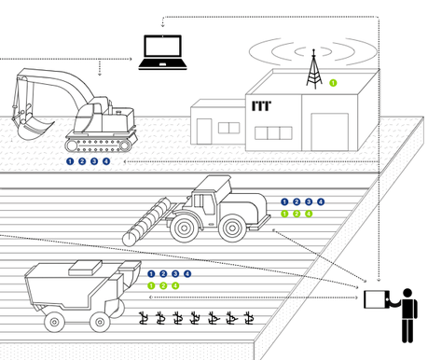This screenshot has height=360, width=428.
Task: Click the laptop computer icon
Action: (x=162, y=52)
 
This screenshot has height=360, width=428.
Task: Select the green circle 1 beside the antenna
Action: (x=333, y=83)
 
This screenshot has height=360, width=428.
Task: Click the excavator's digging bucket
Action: (x=33, y=128)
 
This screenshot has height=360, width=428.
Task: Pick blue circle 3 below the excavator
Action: (x=94, y=161)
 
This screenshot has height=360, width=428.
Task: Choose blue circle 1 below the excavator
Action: (x=70, y=161)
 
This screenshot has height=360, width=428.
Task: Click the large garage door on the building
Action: (x=330, y=132)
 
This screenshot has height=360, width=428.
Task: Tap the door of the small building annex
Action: (x=204, y=132)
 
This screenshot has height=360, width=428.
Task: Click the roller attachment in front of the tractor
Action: (x=146, y=222)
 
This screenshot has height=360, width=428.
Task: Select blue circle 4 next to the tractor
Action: (x=321, y=202)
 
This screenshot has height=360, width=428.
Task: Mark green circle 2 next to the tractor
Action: (x=297, y=214)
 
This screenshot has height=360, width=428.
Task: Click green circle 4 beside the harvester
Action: (x=175, y=285)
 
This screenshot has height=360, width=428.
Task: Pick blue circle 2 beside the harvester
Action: (x=163, y=274)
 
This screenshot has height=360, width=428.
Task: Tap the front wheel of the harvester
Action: (x=100, y=322)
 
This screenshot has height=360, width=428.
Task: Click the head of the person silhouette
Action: (x=407, y=293)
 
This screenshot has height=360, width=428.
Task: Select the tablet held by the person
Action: (x=377, y=299)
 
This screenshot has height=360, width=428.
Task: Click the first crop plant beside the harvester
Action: (x=144, y=318)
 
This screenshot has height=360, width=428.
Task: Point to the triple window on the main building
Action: (x=273, y=133)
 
